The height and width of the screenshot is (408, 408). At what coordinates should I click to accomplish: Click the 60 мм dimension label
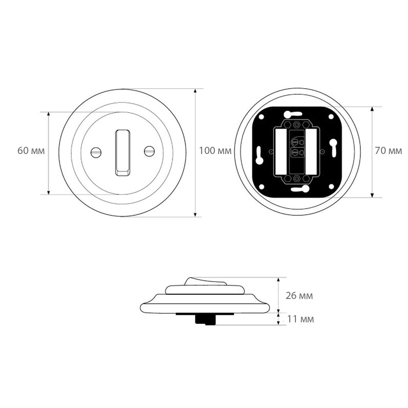31,151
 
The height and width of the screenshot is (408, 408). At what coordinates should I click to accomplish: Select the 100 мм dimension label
215,151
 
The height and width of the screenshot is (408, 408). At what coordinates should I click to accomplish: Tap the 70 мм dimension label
388,151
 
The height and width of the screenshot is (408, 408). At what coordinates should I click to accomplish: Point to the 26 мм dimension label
299,296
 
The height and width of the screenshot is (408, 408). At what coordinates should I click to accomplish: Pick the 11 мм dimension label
301,319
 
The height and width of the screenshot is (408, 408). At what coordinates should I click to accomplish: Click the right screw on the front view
149,151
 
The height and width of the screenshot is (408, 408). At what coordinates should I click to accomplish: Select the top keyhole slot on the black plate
292,114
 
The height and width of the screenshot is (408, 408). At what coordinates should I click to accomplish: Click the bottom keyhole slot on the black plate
300,189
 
